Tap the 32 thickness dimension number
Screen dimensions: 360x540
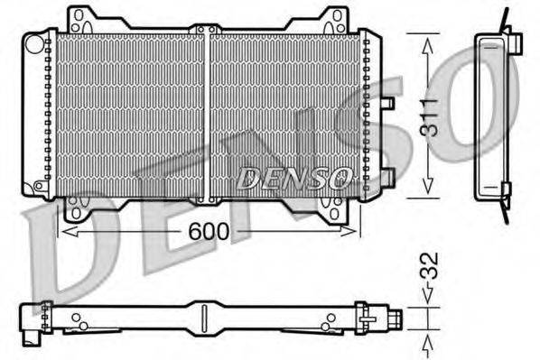[x=433, y=267]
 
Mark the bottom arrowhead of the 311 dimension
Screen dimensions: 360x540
[x=425, y=190]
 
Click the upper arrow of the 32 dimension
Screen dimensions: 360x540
[x=425, y=296]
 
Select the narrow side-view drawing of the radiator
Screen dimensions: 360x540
[x=491, y=113]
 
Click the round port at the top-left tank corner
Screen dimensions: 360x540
[x=33, y=42]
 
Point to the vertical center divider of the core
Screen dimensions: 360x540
[x=208, y=113]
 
